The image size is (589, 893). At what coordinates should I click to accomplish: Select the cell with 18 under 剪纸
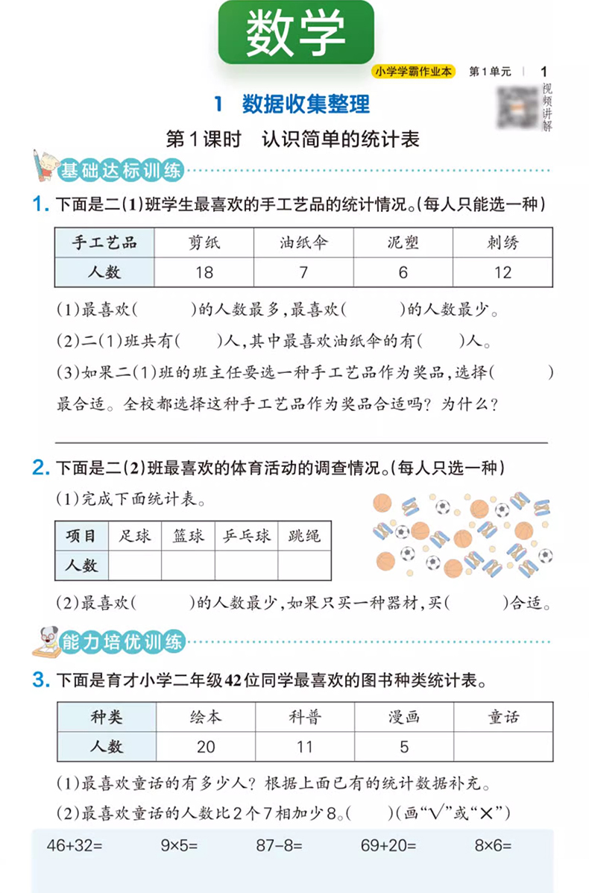(204, 272)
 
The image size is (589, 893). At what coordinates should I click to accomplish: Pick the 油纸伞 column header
(303, 242)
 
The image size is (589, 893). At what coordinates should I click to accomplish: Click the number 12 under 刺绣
(503, 272)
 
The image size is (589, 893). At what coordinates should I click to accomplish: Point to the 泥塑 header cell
(403, 242)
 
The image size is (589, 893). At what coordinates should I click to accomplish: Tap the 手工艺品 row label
(104, 242)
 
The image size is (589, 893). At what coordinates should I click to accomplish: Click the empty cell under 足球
(135, 565)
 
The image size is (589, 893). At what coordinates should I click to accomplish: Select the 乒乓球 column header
(247, 536)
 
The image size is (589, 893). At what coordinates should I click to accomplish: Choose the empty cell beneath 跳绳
(304, 565)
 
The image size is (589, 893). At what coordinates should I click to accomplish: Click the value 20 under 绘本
(206, 746)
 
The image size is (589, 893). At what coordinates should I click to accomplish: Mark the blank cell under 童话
(503, 746)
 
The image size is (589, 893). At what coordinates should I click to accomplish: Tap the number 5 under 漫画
(404, 746)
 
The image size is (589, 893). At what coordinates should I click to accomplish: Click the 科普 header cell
(305, 717)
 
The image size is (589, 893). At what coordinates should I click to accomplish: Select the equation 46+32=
(79, 845)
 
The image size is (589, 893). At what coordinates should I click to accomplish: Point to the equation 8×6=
(493, 845)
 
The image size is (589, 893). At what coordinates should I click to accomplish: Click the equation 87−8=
(277, 845)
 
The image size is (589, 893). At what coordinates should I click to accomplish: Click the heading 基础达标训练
(122, 171)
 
